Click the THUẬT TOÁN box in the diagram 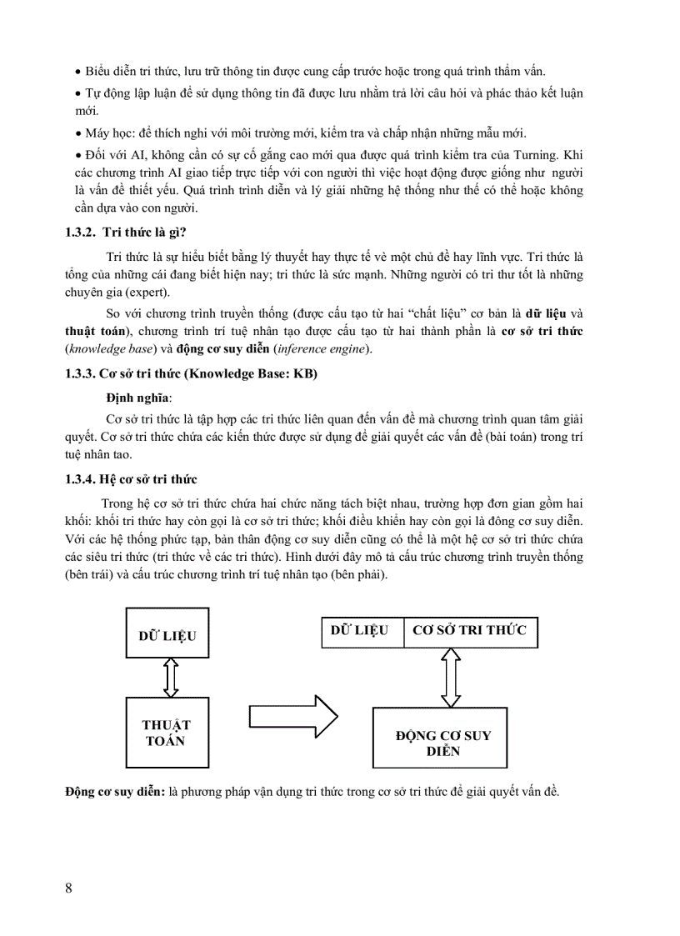click(167, 733)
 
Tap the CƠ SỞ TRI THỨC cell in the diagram click(470, 631)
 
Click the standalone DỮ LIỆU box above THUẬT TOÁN click(167, 636)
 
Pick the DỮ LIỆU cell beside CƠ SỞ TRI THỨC click(361, 631)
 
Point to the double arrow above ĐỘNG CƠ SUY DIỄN click(451, 676)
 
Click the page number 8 click(68, 887)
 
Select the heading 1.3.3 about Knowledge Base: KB click(191, 374)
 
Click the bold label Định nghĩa click(137, 398)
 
